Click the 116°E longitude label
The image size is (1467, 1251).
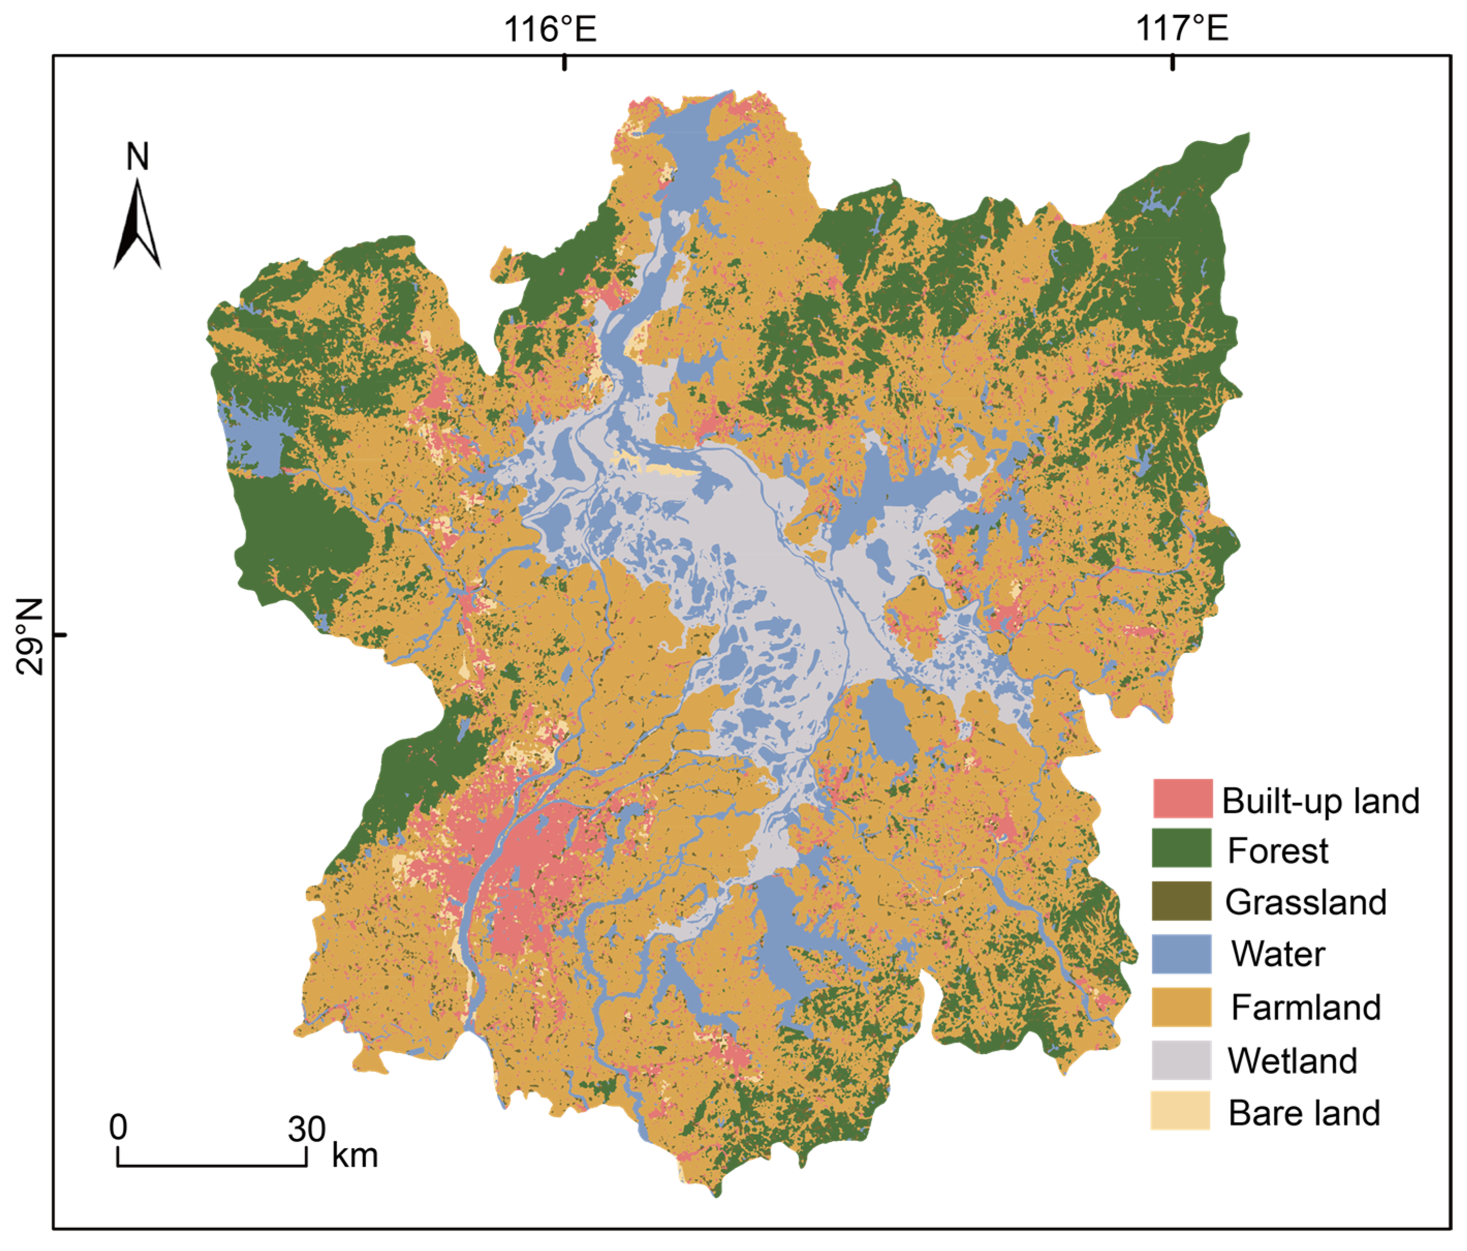point(550,30)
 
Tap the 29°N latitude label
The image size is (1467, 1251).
point(30,636)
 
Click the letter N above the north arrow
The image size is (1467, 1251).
point(137,157)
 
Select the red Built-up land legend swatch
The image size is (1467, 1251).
point(1182,799)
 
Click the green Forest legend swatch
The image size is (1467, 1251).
point(1182,849)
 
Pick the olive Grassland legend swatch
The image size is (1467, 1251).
point(1182,901)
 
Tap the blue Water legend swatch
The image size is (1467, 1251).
point(1182,953)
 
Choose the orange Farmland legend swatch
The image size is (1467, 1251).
point(1182,1006)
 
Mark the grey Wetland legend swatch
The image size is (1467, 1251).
point(1182,1059)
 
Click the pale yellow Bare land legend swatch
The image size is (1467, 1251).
point(1182,1111)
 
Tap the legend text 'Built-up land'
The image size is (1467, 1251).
point(1320,801)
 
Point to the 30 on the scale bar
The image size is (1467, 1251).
point(306,1129)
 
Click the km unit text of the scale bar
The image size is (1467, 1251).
point(355,1155)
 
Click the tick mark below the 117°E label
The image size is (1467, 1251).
point(1173,62)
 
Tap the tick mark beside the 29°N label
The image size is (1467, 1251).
point(61,634)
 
